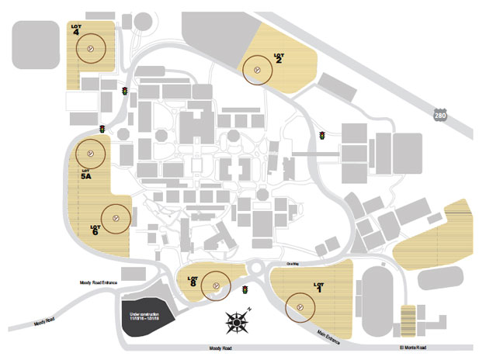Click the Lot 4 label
77,29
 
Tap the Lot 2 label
278,58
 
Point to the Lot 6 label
95,229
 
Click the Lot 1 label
318,286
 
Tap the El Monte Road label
412,348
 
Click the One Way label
292,265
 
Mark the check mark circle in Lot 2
257,70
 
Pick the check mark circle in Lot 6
116,219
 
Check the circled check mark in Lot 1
301,307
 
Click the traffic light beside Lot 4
123,92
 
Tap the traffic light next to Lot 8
245,290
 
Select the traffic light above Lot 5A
102,129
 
